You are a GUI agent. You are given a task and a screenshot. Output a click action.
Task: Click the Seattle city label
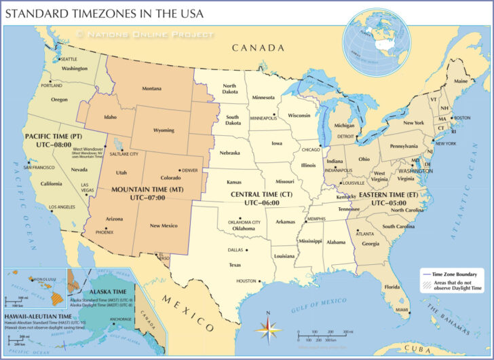(69, 59)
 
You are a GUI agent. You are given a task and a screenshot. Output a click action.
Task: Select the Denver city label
(189, 170)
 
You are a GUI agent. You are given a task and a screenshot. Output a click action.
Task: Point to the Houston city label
(246, 281)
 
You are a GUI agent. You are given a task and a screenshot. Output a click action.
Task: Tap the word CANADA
(258, 48)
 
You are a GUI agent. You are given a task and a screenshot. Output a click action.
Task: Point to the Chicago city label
(311, 149)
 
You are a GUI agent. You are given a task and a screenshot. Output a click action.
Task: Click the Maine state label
(461, 81)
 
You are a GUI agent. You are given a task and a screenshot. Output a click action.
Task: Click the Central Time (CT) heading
(261, 194)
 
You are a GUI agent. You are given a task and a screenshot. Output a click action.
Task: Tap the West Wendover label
(88, 148)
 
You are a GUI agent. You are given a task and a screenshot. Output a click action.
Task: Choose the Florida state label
(392, 287)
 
